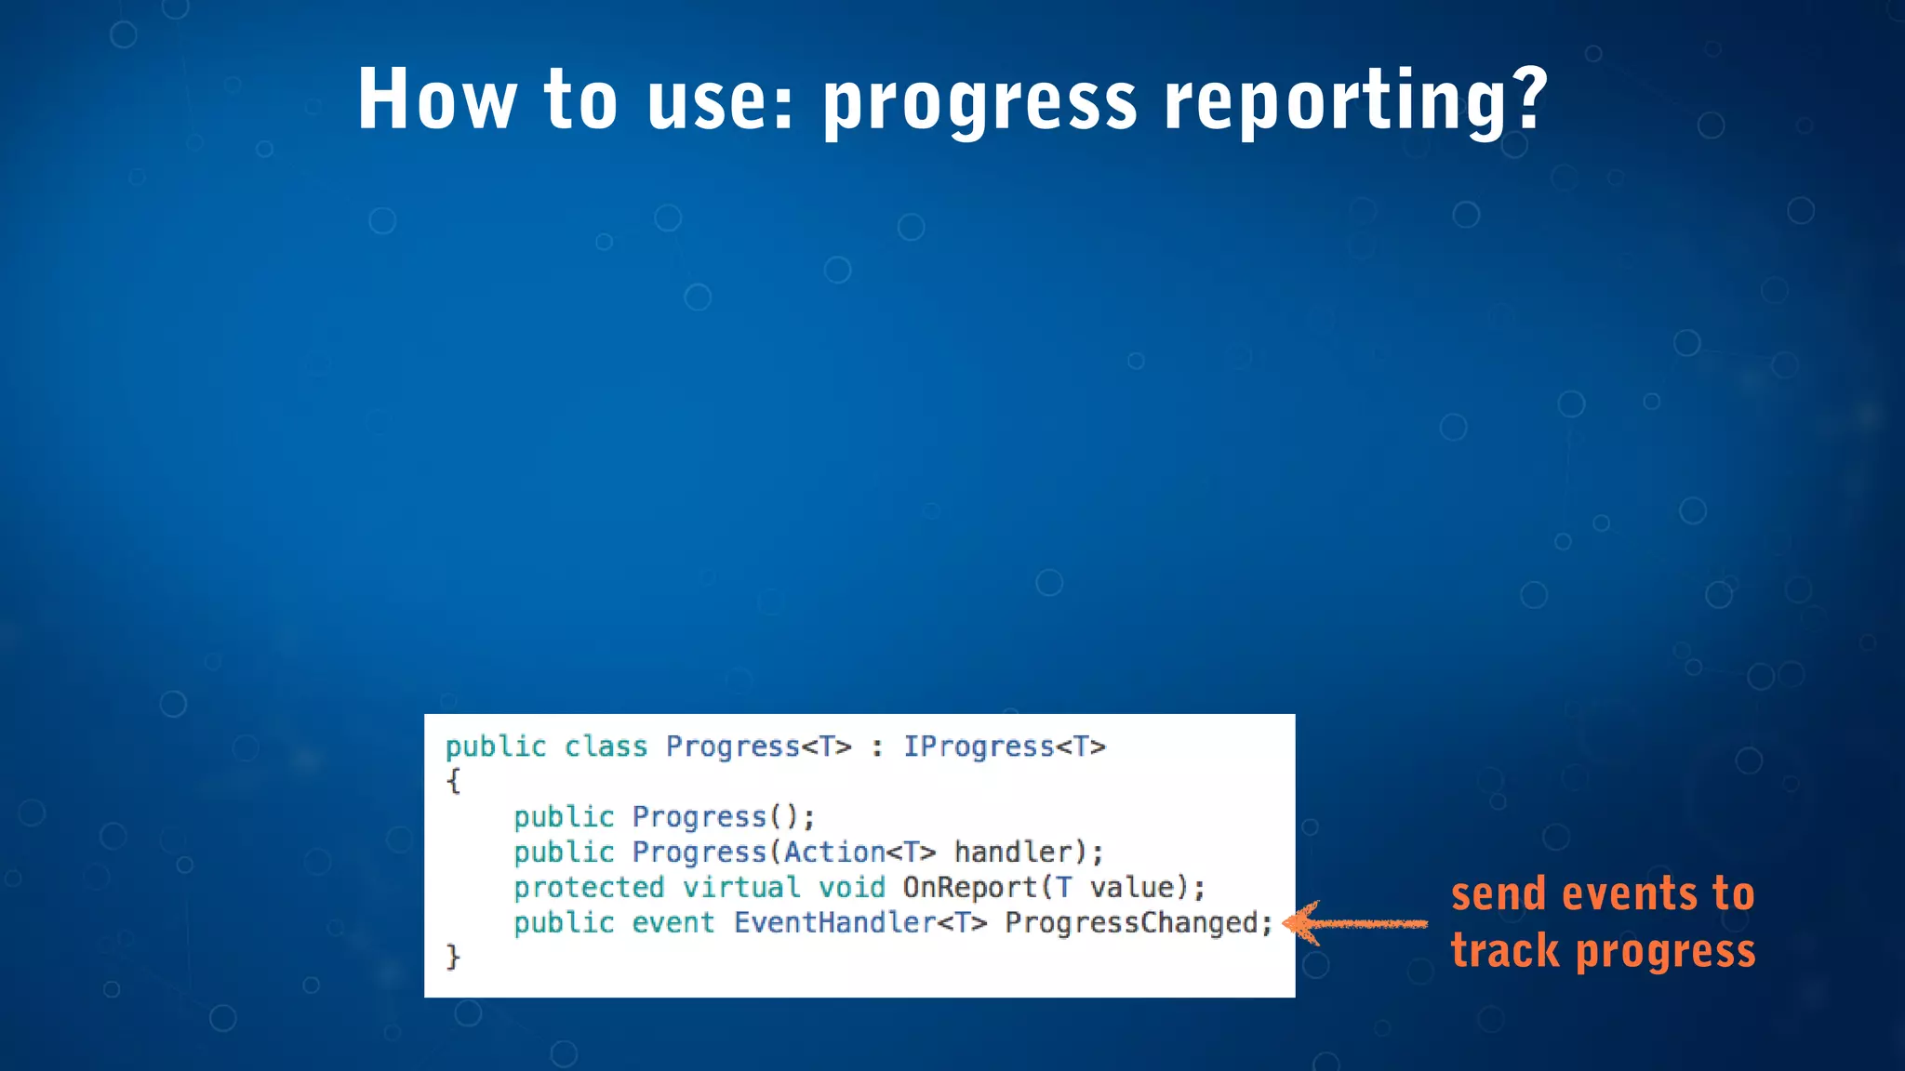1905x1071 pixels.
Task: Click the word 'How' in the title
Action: [x=437, y=99]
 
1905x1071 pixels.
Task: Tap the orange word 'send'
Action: [x=1499, y=894]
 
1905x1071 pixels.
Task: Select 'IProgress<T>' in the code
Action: [x=1005, y=747]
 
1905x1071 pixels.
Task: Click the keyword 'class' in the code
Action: [x=606, y=747]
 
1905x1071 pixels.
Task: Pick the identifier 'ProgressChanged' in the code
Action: [x=1132, y=923]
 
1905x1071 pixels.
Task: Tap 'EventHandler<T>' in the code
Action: [x=859, y=923]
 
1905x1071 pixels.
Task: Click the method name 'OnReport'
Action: [x=969, y=888]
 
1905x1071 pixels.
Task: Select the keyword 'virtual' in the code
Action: [x=741, y=888]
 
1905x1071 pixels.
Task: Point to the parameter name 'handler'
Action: [x=1014, y=853]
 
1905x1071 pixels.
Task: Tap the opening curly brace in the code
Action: [x=453, y=781]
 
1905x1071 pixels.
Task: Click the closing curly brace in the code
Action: [x=453, y=957]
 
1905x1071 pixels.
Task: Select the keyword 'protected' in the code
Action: [x=589, y=888]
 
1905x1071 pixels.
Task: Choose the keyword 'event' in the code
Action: [x=673, y=923]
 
